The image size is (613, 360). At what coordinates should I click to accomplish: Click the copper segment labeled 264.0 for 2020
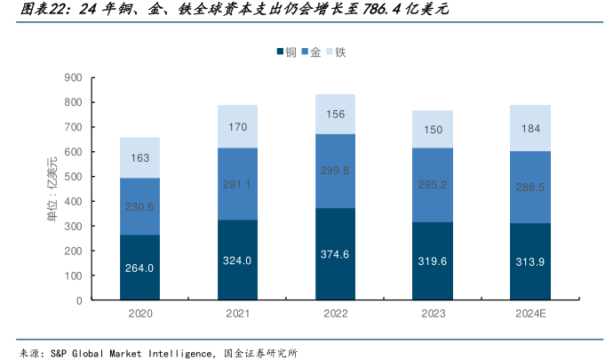(139, 268)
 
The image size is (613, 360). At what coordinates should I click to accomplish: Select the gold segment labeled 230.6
(139, 206)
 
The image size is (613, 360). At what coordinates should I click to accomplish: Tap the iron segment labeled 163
(139, 158)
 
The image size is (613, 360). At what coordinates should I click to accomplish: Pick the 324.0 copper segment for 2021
(238, 260)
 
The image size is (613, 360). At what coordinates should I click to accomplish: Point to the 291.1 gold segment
(238, 184)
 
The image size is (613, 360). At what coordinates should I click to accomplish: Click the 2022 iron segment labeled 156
(336, 114)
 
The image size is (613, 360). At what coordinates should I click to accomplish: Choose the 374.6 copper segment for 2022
(336, 254)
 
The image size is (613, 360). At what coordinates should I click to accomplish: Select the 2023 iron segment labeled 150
(434, 129)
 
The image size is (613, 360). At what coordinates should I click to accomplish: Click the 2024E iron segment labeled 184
(531, 128)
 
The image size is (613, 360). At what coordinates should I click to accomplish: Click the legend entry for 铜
(285, 52)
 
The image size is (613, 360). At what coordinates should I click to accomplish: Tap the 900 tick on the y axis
(73, 77)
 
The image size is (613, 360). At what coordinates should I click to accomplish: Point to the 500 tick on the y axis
(73, 177)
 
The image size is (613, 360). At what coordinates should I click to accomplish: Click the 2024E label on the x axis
(531, 314)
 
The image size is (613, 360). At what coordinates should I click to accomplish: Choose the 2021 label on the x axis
(238, 314)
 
